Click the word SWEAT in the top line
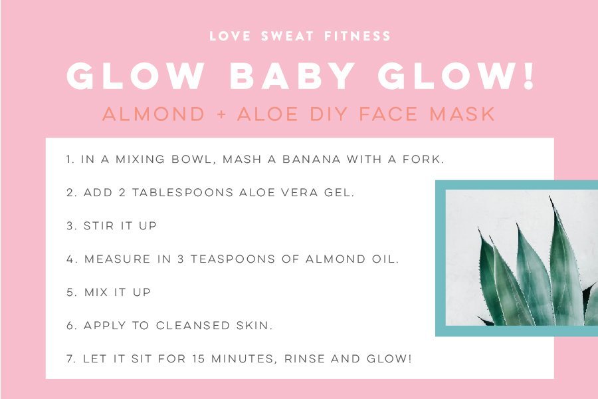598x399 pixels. tap(287, 37)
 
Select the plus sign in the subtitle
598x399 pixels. tap(221, 114)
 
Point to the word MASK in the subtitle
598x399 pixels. tap(462, 114)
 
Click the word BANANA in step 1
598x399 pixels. tap(311, 159)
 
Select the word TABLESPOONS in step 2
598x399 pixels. tap(183, 192)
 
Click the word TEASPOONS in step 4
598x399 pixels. tap(233, 259)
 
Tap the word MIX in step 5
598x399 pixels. tap(96, 292)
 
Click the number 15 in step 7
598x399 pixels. tap(199, 358)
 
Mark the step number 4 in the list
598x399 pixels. tap(70, 259)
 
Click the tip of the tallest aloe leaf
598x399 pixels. tap(550, 196)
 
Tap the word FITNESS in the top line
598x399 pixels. tap(357, 37)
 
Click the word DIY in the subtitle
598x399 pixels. tap(328, 114)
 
